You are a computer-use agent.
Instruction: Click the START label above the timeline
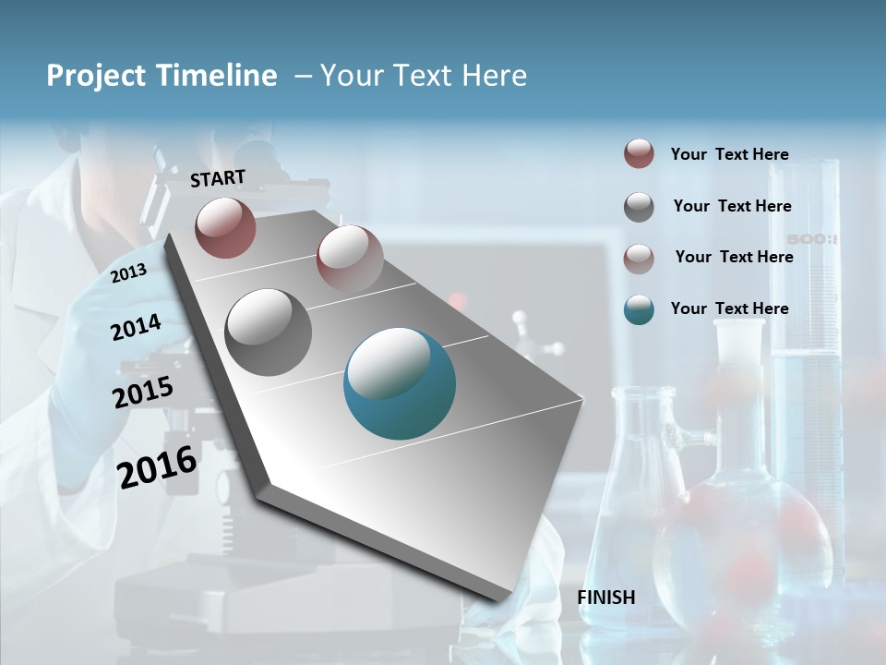point(218,177)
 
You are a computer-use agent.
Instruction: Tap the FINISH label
point(606,598)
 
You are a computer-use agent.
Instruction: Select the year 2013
point(128,272)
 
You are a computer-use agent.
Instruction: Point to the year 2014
point(136,327)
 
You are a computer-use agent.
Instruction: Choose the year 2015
point(142,393)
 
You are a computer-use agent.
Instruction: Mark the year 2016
point(157,466)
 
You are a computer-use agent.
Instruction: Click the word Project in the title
point(96,76)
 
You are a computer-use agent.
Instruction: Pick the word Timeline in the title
point(218,76)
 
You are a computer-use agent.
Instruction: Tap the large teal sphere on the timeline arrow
point(400,383)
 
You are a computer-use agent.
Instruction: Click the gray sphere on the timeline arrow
point(268,332)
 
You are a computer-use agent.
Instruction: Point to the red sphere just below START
point(225,227)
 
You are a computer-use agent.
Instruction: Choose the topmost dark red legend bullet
point(639,154)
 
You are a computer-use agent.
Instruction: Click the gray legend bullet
point(639,207)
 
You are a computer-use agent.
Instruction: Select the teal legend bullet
point(639,309)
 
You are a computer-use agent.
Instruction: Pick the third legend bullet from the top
point(639,259)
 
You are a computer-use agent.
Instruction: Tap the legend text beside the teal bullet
point(729,308)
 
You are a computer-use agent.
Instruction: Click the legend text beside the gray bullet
point(732,206)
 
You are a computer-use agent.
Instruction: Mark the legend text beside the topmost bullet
point(729,154)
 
